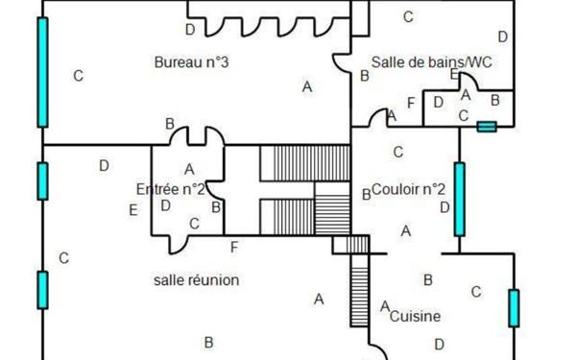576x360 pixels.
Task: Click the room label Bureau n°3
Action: click(x=191, y=62)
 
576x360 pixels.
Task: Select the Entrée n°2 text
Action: click(x=171, y=188)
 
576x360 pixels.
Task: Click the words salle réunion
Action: click(x=196, y=279)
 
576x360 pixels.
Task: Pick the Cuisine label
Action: click(x=417, y=315)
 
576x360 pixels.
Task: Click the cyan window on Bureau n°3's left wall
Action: click(x=42, y=72)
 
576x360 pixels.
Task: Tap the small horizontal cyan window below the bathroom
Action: click(x=487, y=126)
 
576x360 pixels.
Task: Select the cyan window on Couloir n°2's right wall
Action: click(x=459, y=199)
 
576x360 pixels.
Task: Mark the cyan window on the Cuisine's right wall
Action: click(x=514, y=308)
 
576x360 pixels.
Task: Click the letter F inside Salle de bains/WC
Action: click(x=411, y=102)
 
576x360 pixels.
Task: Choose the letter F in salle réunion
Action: click(x=234, y=247)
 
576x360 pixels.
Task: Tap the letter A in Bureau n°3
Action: click(x=307, y=86)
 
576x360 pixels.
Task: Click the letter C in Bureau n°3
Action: click(x=79, y=75)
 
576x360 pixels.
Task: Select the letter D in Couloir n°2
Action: click(x=444, y=206)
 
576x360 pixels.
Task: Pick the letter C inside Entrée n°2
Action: click(x=194, y=224)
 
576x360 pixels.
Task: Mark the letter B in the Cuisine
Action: click(x=428, y=279)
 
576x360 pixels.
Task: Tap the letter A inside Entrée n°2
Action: click(x=189, y=169)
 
